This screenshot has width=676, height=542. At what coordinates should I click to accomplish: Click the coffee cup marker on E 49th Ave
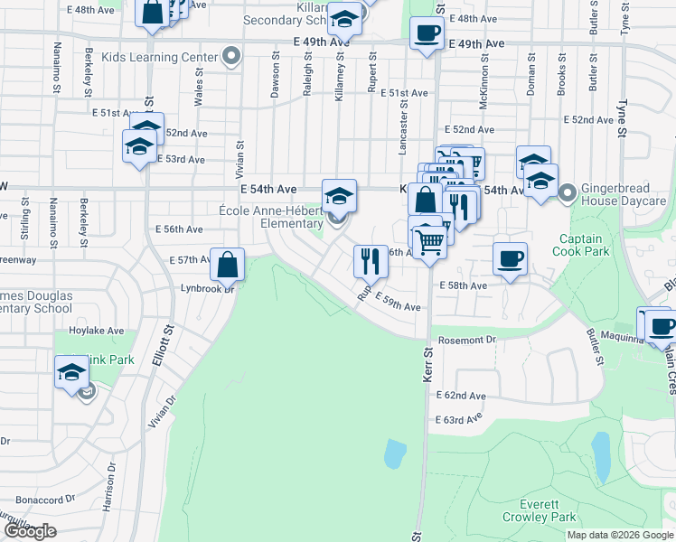point(427,34)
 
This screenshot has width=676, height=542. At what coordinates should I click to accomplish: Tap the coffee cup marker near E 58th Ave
point(511,259)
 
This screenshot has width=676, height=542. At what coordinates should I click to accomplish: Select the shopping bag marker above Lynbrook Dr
point(228,265)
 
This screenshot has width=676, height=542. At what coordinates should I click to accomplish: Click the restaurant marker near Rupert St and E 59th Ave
point(370,261)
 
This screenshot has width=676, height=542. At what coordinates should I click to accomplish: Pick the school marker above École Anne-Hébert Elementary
point(339,195)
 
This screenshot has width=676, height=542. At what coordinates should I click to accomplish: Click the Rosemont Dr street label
point(467,341)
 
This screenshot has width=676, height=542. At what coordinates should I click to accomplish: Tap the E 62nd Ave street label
point(461,397)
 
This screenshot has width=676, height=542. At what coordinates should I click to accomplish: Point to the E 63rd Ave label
point(461,420)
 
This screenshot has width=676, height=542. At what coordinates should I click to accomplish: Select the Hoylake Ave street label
point(102,331)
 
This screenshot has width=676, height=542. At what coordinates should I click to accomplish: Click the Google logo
point(29,532)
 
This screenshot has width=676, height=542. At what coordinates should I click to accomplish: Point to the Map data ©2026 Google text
point(620,535)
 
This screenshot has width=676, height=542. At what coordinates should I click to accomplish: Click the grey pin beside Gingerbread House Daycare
point(568,192)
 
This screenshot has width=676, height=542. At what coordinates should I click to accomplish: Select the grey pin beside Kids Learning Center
point(232,57)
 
